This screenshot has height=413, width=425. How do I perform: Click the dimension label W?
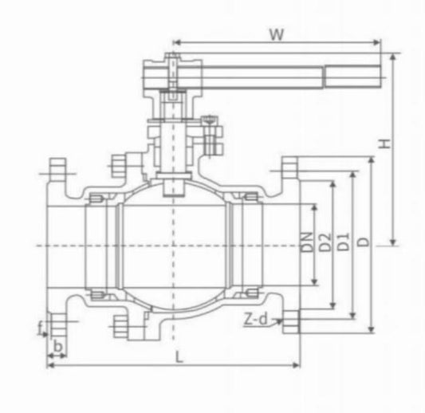pos(276,34)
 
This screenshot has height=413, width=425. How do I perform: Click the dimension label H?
pos(384,144)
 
